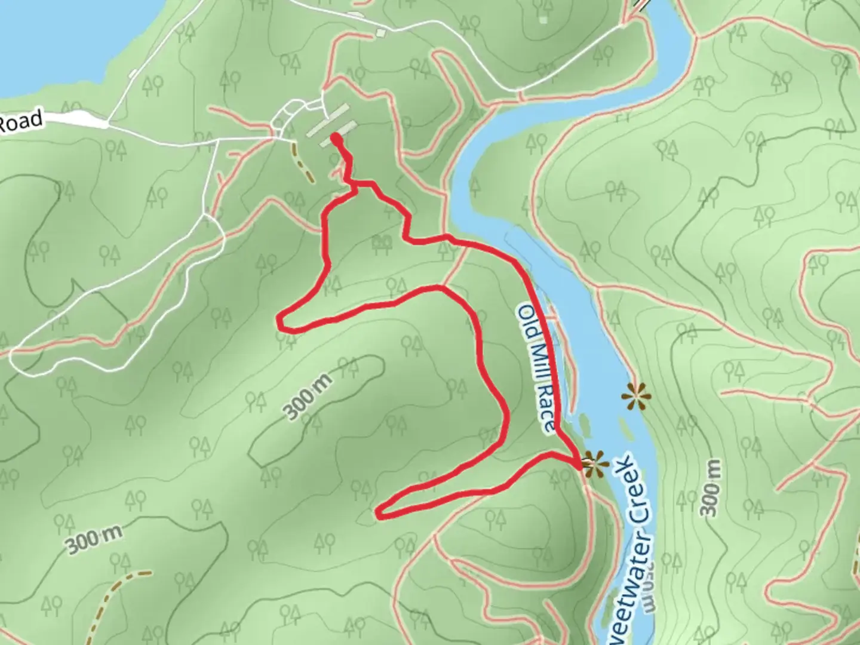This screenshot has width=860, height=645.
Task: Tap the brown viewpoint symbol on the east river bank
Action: coord(635,395)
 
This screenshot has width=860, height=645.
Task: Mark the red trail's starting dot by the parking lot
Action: coord(336,139)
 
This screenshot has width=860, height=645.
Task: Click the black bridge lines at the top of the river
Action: coord(640,6)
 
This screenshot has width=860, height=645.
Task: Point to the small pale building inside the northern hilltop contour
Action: coord(542,19)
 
